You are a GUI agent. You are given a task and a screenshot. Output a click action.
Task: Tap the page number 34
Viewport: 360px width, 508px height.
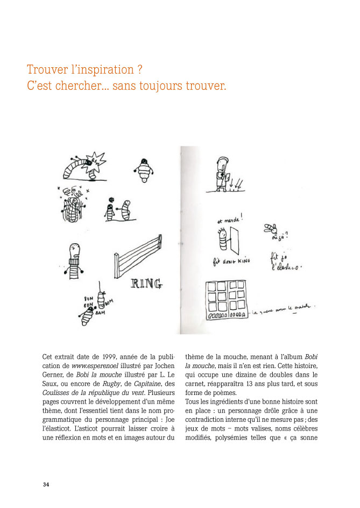point(46,484)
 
